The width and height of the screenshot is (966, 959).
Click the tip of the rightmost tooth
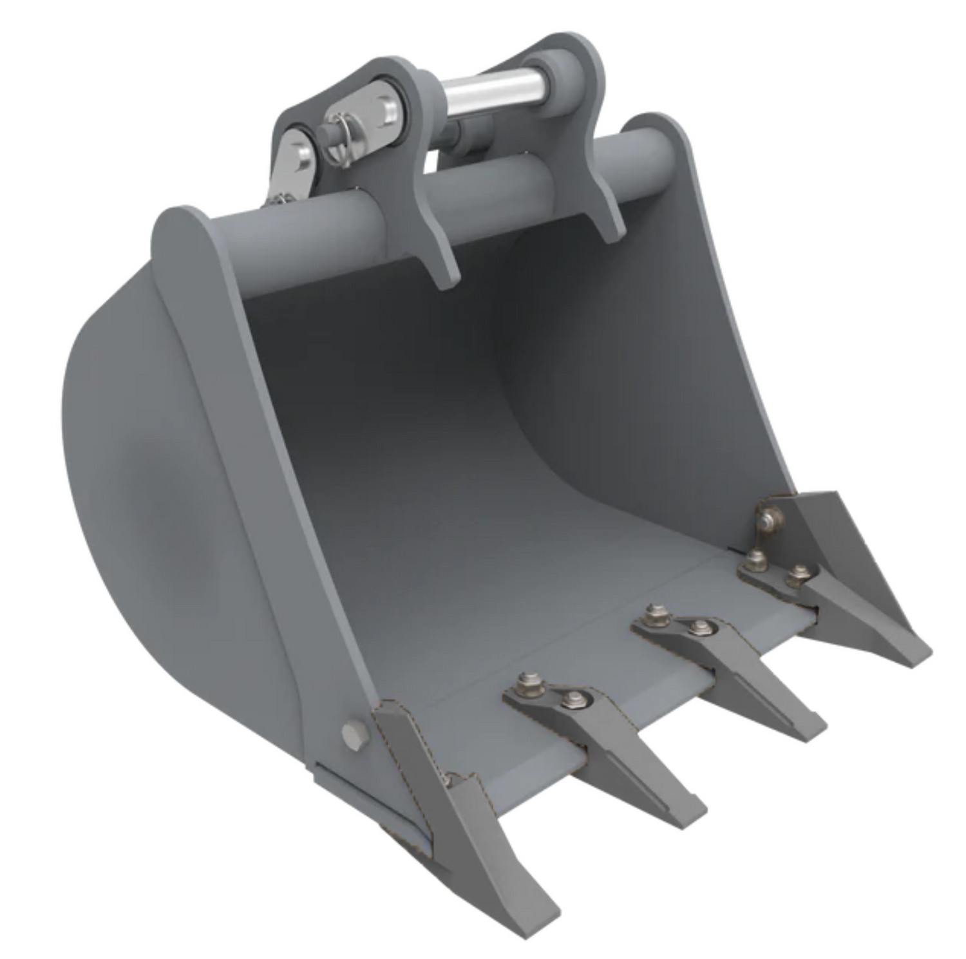pyautogui.click(x=918, y=657)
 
